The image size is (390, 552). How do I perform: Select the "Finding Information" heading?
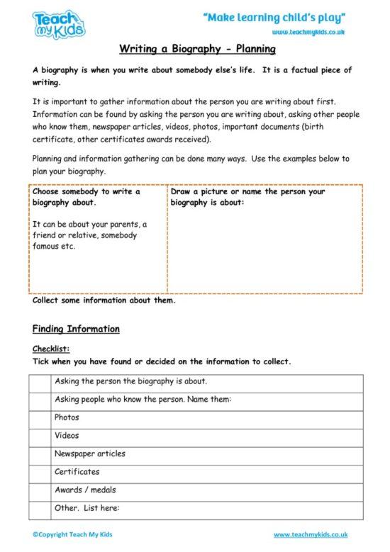[x=76, y=329]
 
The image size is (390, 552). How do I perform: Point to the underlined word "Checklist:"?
[x=51, y=349]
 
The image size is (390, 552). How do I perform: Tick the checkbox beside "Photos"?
[x=40, y=419]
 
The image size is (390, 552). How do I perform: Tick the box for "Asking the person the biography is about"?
[x=40, y=383]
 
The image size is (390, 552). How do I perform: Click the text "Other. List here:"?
[x=87, y=508]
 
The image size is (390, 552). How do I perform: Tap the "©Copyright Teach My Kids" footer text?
[x=72, y=534]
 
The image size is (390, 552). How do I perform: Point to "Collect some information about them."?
[x=104, y=300]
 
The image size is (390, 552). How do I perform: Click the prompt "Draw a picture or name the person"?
[x=247, y=191]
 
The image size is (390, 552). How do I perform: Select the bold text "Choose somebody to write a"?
[x=87, y=191]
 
